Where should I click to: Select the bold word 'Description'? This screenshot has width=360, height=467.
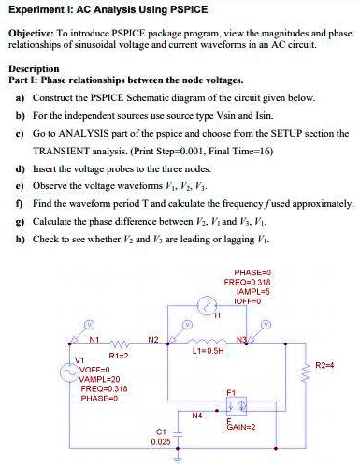[34, 68]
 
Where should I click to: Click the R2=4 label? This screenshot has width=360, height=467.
[325, 364]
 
